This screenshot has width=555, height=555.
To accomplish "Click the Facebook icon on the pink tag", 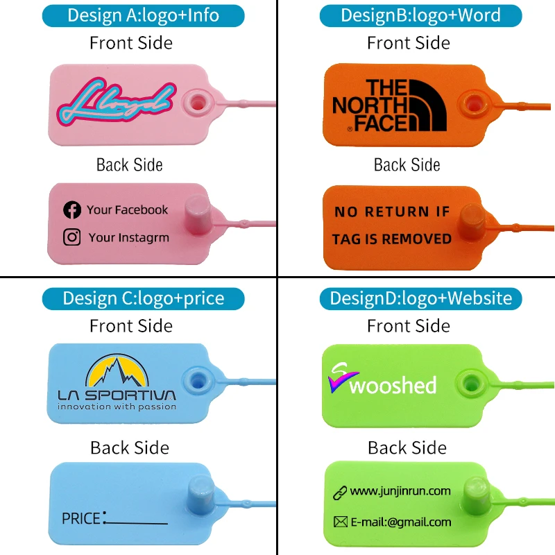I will click(72, 210).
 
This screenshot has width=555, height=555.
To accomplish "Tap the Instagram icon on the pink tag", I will click(72, 237).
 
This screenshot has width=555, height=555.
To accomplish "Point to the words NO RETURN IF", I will click(392, 212).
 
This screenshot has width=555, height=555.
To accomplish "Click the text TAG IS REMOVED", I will click(391, 239).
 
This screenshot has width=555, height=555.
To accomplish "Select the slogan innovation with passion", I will click(117, 407).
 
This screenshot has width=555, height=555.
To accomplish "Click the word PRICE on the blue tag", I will click(82, 518).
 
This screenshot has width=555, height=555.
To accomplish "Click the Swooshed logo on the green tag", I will click(382, 381).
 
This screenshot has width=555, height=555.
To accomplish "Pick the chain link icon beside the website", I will click(339, 492).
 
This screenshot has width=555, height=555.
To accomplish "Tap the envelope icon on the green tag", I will click(340, 522).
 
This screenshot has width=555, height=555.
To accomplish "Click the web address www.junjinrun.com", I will click(400, 491).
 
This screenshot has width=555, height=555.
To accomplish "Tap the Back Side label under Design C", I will click(130, 447).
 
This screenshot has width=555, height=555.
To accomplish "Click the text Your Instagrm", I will click(128, 237).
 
